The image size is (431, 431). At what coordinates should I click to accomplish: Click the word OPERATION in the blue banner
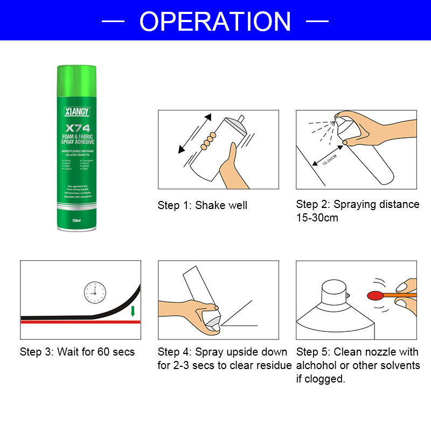coord(215,22)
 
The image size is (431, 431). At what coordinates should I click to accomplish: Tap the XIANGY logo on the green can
coord(77,112)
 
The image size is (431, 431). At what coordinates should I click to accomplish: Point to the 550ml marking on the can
coord(77,220)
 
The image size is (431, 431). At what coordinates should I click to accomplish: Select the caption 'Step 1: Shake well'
coord(203,205)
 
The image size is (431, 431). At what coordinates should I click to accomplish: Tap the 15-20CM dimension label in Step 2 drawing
coord(329,161)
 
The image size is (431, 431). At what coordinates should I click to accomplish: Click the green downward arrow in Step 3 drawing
coord(133,311)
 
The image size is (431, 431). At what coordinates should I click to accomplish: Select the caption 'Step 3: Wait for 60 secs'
coord(77,352)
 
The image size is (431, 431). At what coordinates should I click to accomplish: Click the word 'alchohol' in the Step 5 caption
coord(319,366)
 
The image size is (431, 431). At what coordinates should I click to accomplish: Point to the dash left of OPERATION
coord(113,22)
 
